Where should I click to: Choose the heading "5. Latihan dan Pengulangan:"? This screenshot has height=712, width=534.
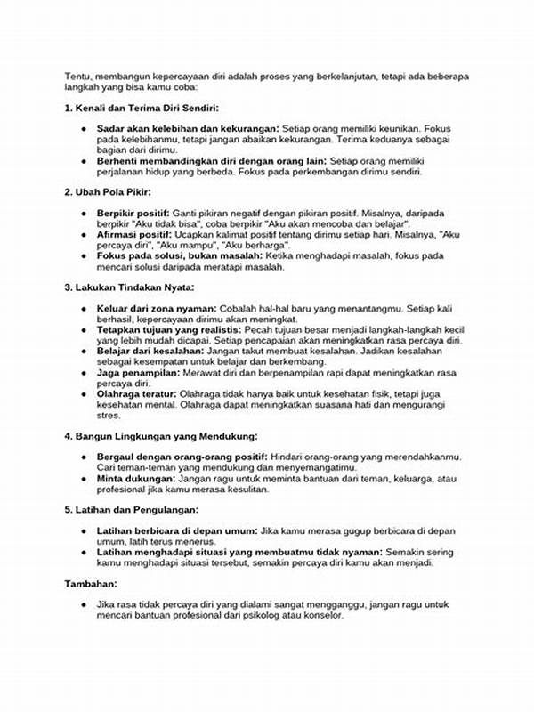pos(132,509)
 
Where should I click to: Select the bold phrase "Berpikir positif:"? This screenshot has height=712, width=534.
pos(133,214)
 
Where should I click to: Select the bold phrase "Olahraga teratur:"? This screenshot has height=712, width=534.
pos(137,393)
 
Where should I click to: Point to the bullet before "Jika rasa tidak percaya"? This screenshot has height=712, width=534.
pos(83,605)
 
